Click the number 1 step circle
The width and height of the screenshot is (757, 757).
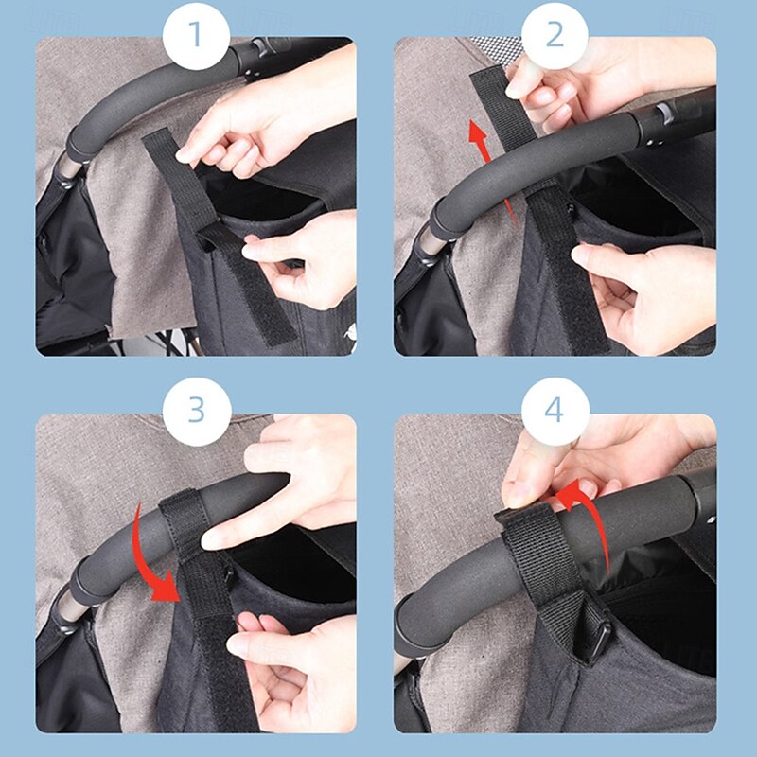coord(196,35)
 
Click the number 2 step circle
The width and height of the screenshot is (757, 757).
coord(555,35)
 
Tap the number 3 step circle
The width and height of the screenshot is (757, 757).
coord(196,412)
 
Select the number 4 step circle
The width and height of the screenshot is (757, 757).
coord(555,412)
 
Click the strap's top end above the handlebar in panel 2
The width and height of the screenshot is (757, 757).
coord(486,79)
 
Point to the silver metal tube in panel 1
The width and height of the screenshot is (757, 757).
coord(67,168)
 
